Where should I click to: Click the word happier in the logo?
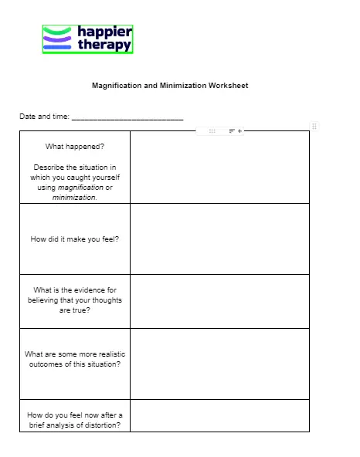click(x=104, y=32)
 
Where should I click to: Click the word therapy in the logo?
click(x=104, y=45)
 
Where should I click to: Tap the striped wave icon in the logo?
click(x=58, y=39)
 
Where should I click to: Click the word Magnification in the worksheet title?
click(x=117, y=86)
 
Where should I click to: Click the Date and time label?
click(x=44, y=117)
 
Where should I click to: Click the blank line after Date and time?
click(x=127, y=118)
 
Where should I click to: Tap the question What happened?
click(x=75, y=146)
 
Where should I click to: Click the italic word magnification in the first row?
click(x=81, y=188)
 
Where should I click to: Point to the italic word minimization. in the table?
click(x=75, y=198)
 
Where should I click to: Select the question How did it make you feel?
click(x=75, y=239)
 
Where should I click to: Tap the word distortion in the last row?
click(x=102, y=425)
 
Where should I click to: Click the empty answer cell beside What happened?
click(x=219, y=167)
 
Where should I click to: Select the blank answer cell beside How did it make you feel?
click(x=219, y=239)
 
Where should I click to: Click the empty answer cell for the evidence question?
click(x=219, y=301)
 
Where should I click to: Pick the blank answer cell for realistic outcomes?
click(x=219, y=364)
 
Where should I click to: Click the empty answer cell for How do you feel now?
click(x=219, y=415)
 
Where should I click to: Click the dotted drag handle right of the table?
click(x=314, y=126)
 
